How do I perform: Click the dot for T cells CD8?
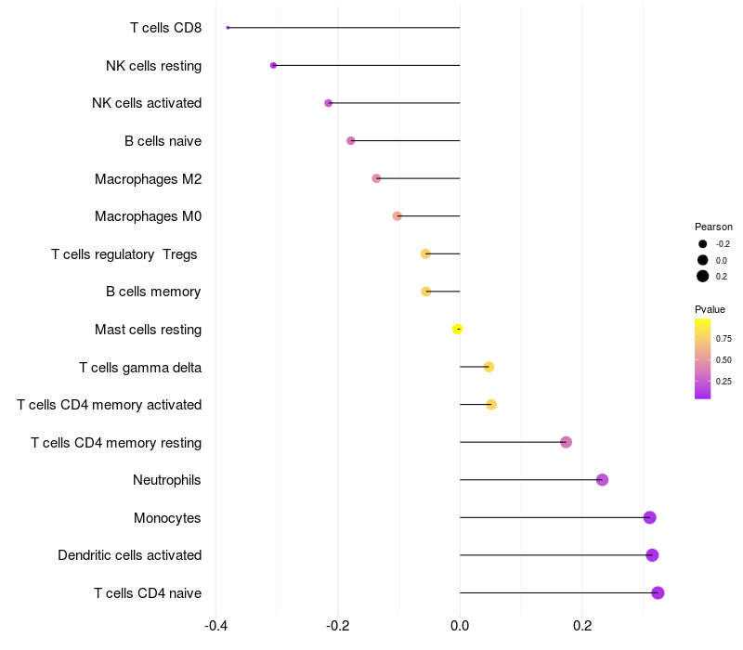[228, 28]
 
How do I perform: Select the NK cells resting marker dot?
[273, 65]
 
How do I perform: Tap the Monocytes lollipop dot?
[649, 517]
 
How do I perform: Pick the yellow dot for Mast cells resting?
[457, 329]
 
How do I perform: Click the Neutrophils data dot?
[602, 480]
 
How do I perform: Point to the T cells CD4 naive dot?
[658, 592]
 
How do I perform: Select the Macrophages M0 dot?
[398, 216]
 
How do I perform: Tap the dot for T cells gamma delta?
[489, 367]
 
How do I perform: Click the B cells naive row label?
[163, 141]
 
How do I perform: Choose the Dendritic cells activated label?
[129, 555]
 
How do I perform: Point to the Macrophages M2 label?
[148, 178]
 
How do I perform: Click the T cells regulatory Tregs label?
[125, 253]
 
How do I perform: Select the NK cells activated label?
[147, 103]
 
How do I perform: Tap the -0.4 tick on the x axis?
[215, 625]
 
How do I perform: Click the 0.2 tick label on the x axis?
[582, 625]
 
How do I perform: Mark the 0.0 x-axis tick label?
[460, 625]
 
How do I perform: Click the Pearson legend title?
[713, 227]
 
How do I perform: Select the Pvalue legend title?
[710, 309]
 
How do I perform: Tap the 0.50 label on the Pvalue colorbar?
[723, 359]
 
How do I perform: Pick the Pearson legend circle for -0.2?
[703, 244]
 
